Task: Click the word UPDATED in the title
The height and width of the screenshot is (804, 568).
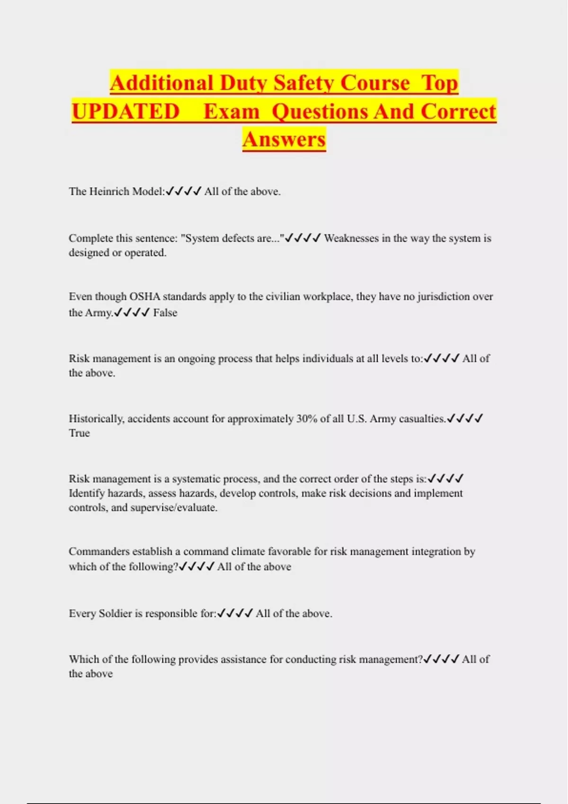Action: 126,112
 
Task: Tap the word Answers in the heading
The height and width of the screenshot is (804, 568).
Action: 284,140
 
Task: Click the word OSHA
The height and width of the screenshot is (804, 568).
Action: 144,297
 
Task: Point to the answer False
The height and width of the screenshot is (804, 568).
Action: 165,313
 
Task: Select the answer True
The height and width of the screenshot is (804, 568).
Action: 79,433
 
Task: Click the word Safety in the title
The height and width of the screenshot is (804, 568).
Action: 303,83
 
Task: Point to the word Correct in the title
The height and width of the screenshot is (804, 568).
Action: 458,112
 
